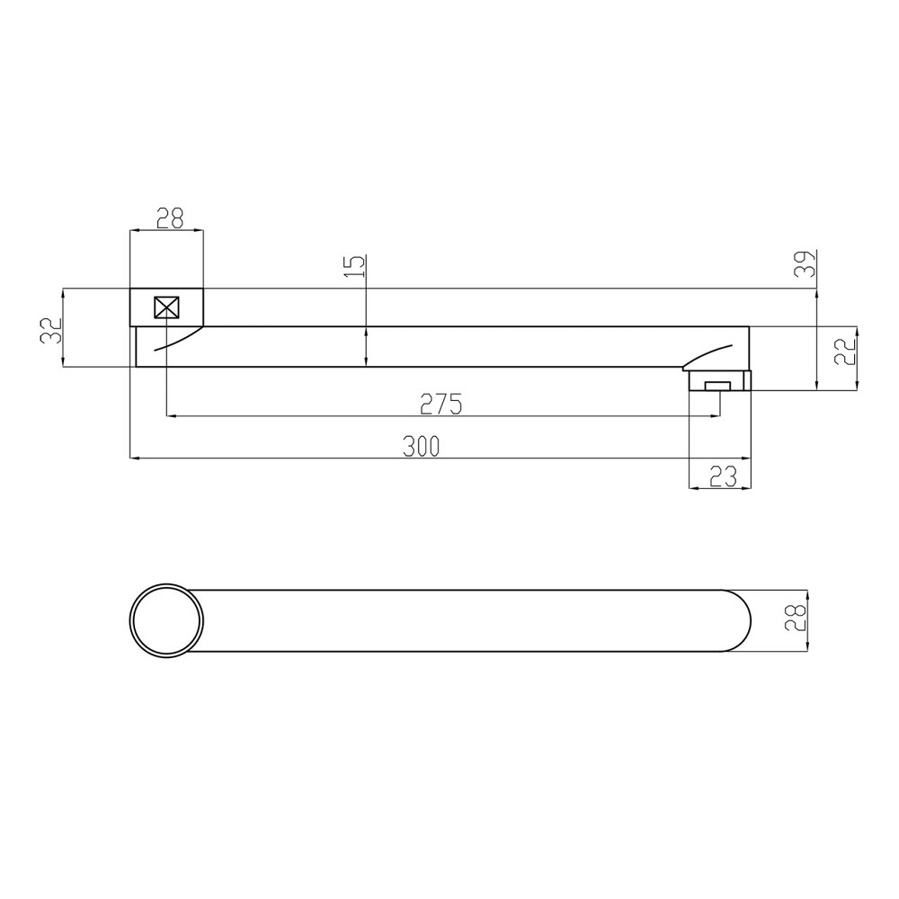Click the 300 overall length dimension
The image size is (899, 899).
pyautogui.click(x=421, y=446)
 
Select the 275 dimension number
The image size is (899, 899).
pyautogui.click(x=441, y=405)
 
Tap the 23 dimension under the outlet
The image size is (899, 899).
pyautogui.click(x=723, y=476)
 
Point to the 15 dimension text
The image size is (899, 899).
pyautogui.click(x=355, y=266)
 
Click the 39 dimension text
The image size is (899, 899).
pyautogui.click(x=805, y=263)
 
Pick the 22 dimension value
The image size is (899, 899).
pyautogui.click(x=845, y=351)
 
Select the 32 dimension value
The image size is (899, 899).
pyautogui.click(x=50, y=330)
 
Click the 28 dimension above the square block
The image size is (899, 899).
pyautogui.click(x=170, y=218)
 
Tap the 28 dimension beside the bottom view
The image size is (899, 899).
pyautogui.click(x=796, y=618)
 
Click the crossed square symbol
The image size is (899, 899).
pyautogui.click(x=167, y=307)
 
